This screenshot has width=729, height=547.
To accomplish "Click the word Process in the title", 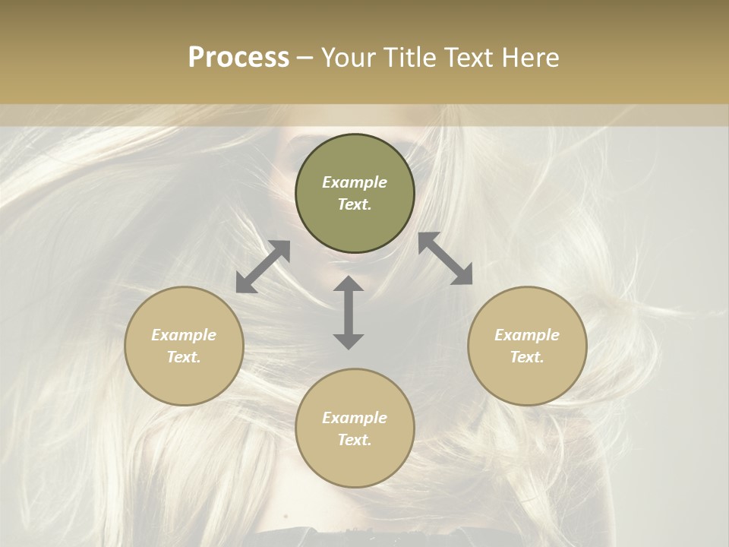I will coord(238,58).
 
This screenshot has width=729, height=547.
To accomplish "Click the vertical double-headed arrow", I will coord(349,312).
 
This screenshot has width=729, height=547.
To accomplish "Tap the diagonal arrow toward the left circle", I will coord(263,266).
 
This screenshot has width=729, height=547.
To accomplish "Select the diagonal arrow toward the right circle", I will coord(445,258).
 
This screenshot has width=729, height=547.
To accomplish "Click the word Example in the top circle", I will coord(355,182).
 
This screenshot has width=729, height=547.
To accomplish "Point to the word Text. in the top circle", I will coord(355,204).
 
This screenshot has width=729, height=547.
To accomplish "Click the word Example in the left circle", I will coord(184,335).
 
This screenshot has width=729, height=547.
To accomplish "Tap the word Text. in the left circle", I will coord(184,357).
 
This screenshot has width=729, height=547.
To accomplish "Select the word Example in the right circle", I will coord(527,335).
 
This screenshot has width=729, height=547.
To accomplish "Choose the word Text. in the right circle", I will coord(527,357).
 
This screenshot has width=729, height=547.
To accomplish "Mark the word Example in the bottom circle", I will coord(355,418).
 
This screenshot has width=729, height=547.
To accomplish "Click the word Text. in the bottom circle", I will coord(355,440).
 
